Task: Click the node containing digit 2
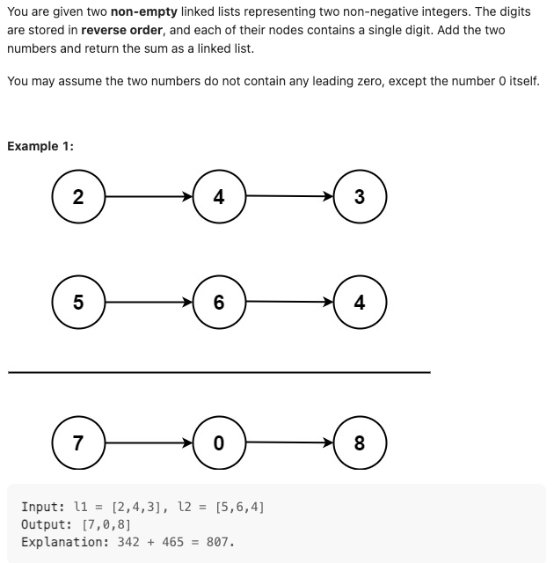coord(78,197)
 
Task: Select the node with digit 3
coord(360,197)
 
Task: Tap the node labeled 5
coord(78,303)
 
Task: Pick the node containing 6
coord(219,303)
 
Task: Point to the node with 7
coord(78,443)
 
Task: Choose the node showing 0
coord(219,443)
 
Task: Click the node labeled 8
coord(360,443)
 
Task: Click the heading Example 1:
coord(40,146)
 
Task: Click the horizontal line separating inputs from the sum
coord(219,372)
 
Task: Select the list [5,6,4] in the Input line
coord(239,508)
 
